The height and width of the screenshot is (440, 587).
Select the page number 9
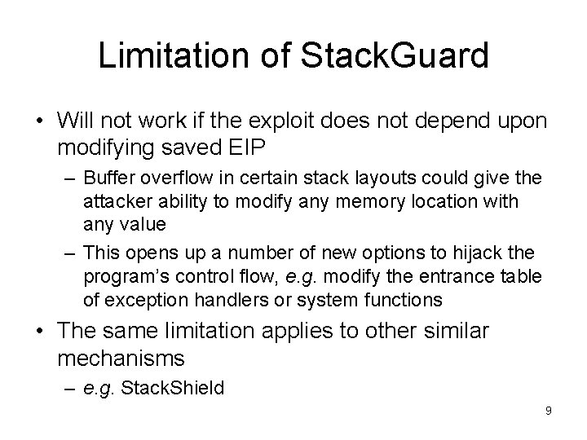(x=549, y=411)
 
